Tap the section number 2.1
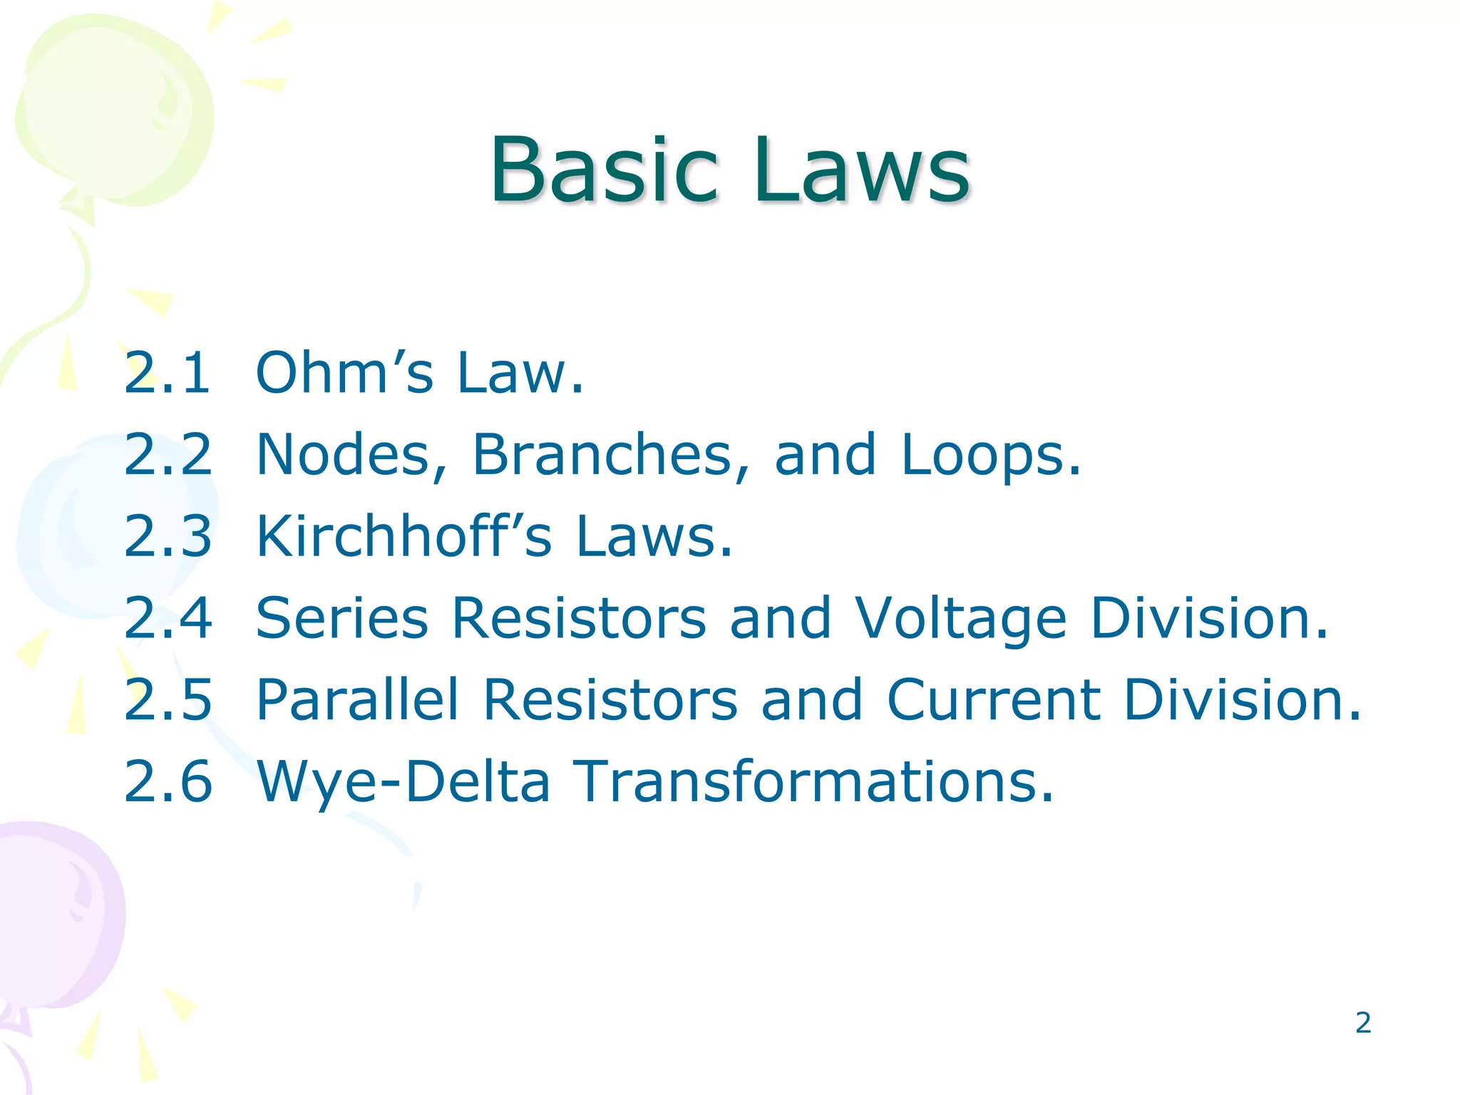point(168,372)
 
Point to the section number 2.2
point(168,454)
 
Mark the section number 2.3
point(168,536)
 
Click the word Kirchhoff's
point(403,536)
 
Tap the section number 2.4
point(168,617)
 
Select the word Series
point(342,617)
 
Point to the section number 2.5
point(168,699)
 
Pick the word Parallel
point(357,699)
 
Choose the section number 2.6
point(168,781)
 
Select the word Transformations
point(812,781)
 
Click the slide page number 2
point(1363,1023)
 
